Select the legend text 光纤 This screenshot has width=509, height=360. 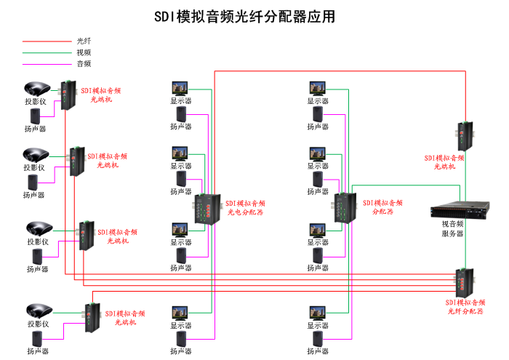tap(84, 41)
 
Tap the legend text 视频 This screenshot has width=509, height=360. tap(84, 52)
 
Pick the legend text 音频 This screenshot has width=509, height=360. tap(84, 63)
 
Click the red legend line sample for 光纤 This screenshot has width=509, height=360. tap(46, 41)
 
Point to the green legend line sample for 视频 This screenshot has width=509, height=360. tap(46, 52)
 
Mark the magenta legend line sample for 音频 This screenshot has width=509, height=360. tap(46, 63)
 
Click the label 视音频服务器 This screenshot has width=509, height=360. tap(452, 228)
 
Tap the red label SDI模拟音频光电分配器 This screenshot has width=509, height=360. tap(245, 208)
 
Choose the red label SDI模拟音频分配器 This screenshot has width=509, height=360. tap(382, 207)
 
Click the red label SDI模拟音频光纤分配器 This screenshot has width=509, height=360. tap(465, 305)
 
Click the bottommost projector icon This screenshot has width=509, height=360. tap(39, 311)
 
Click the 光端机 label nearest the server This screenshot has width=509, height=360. tap(444, 161)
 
